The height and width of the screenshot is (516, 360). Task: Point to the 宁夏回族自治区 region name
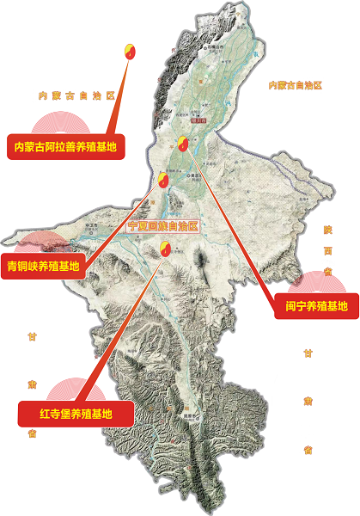(162, 226)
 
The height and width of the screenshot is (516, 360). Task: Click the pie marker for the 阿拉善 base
(131, 50)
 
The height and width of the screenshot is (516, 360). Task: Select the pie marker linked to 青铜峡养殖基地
(163, 181)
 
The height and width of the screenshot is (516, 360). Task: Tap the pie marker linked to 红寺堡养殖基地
(164, 249)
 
